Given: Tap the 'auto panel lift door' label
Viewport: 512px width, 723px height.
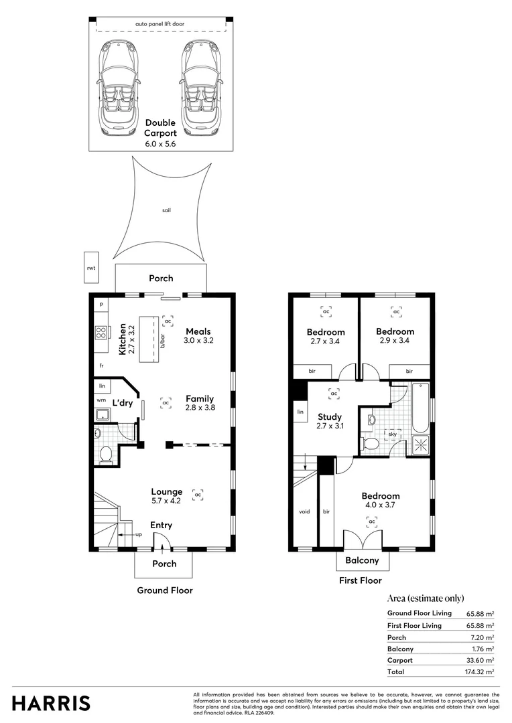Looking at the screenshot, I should point(159,24).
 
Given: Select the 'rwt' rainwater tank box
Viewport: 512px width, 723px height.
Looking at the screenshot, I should point(91,267).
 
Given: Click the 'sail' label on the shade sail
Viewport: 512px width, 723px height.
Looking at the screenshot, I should point(166,210).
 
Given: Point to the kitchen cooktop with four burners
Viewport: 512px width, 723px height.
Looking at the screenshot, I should point(102,333).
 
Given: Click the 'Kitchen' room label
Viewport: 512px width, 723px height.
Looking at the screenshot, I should point(123,339).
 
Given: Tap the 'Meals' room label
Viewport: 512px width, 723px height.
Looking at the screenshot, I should point(198,331).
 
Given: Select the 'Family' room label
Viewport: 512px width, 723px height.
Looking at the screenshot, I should point(200,398).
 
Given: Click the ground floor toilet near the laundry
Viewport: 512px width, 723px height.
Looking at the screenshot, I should point(105,455).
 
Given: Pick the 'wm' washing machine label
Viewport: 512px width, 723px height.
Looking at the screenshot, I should point(101,400).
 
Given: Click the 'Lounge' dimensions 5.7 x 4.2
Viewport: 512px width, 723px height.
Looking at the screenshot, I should point(167,501).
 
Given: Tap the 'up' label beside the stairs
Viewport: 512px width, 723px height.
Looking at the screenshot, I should point(139,535).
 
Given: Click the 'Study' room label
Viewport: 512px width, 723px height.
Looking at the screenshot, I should point(329,416).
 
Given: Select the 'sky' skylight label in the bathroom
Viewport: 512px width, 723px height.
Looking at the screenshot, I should point(392,434).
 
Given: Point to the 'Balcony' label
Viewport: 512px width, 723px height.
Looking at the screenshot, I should point(362,560).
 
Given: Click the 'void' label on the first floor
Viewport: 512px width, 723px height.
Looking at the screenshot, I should point(304,511).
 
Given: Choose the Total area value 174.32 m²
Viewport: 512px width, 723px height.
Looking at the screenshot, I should point(480,671).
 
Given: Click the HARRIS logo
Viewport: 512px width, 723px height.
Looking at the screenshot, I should point(51,703).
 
